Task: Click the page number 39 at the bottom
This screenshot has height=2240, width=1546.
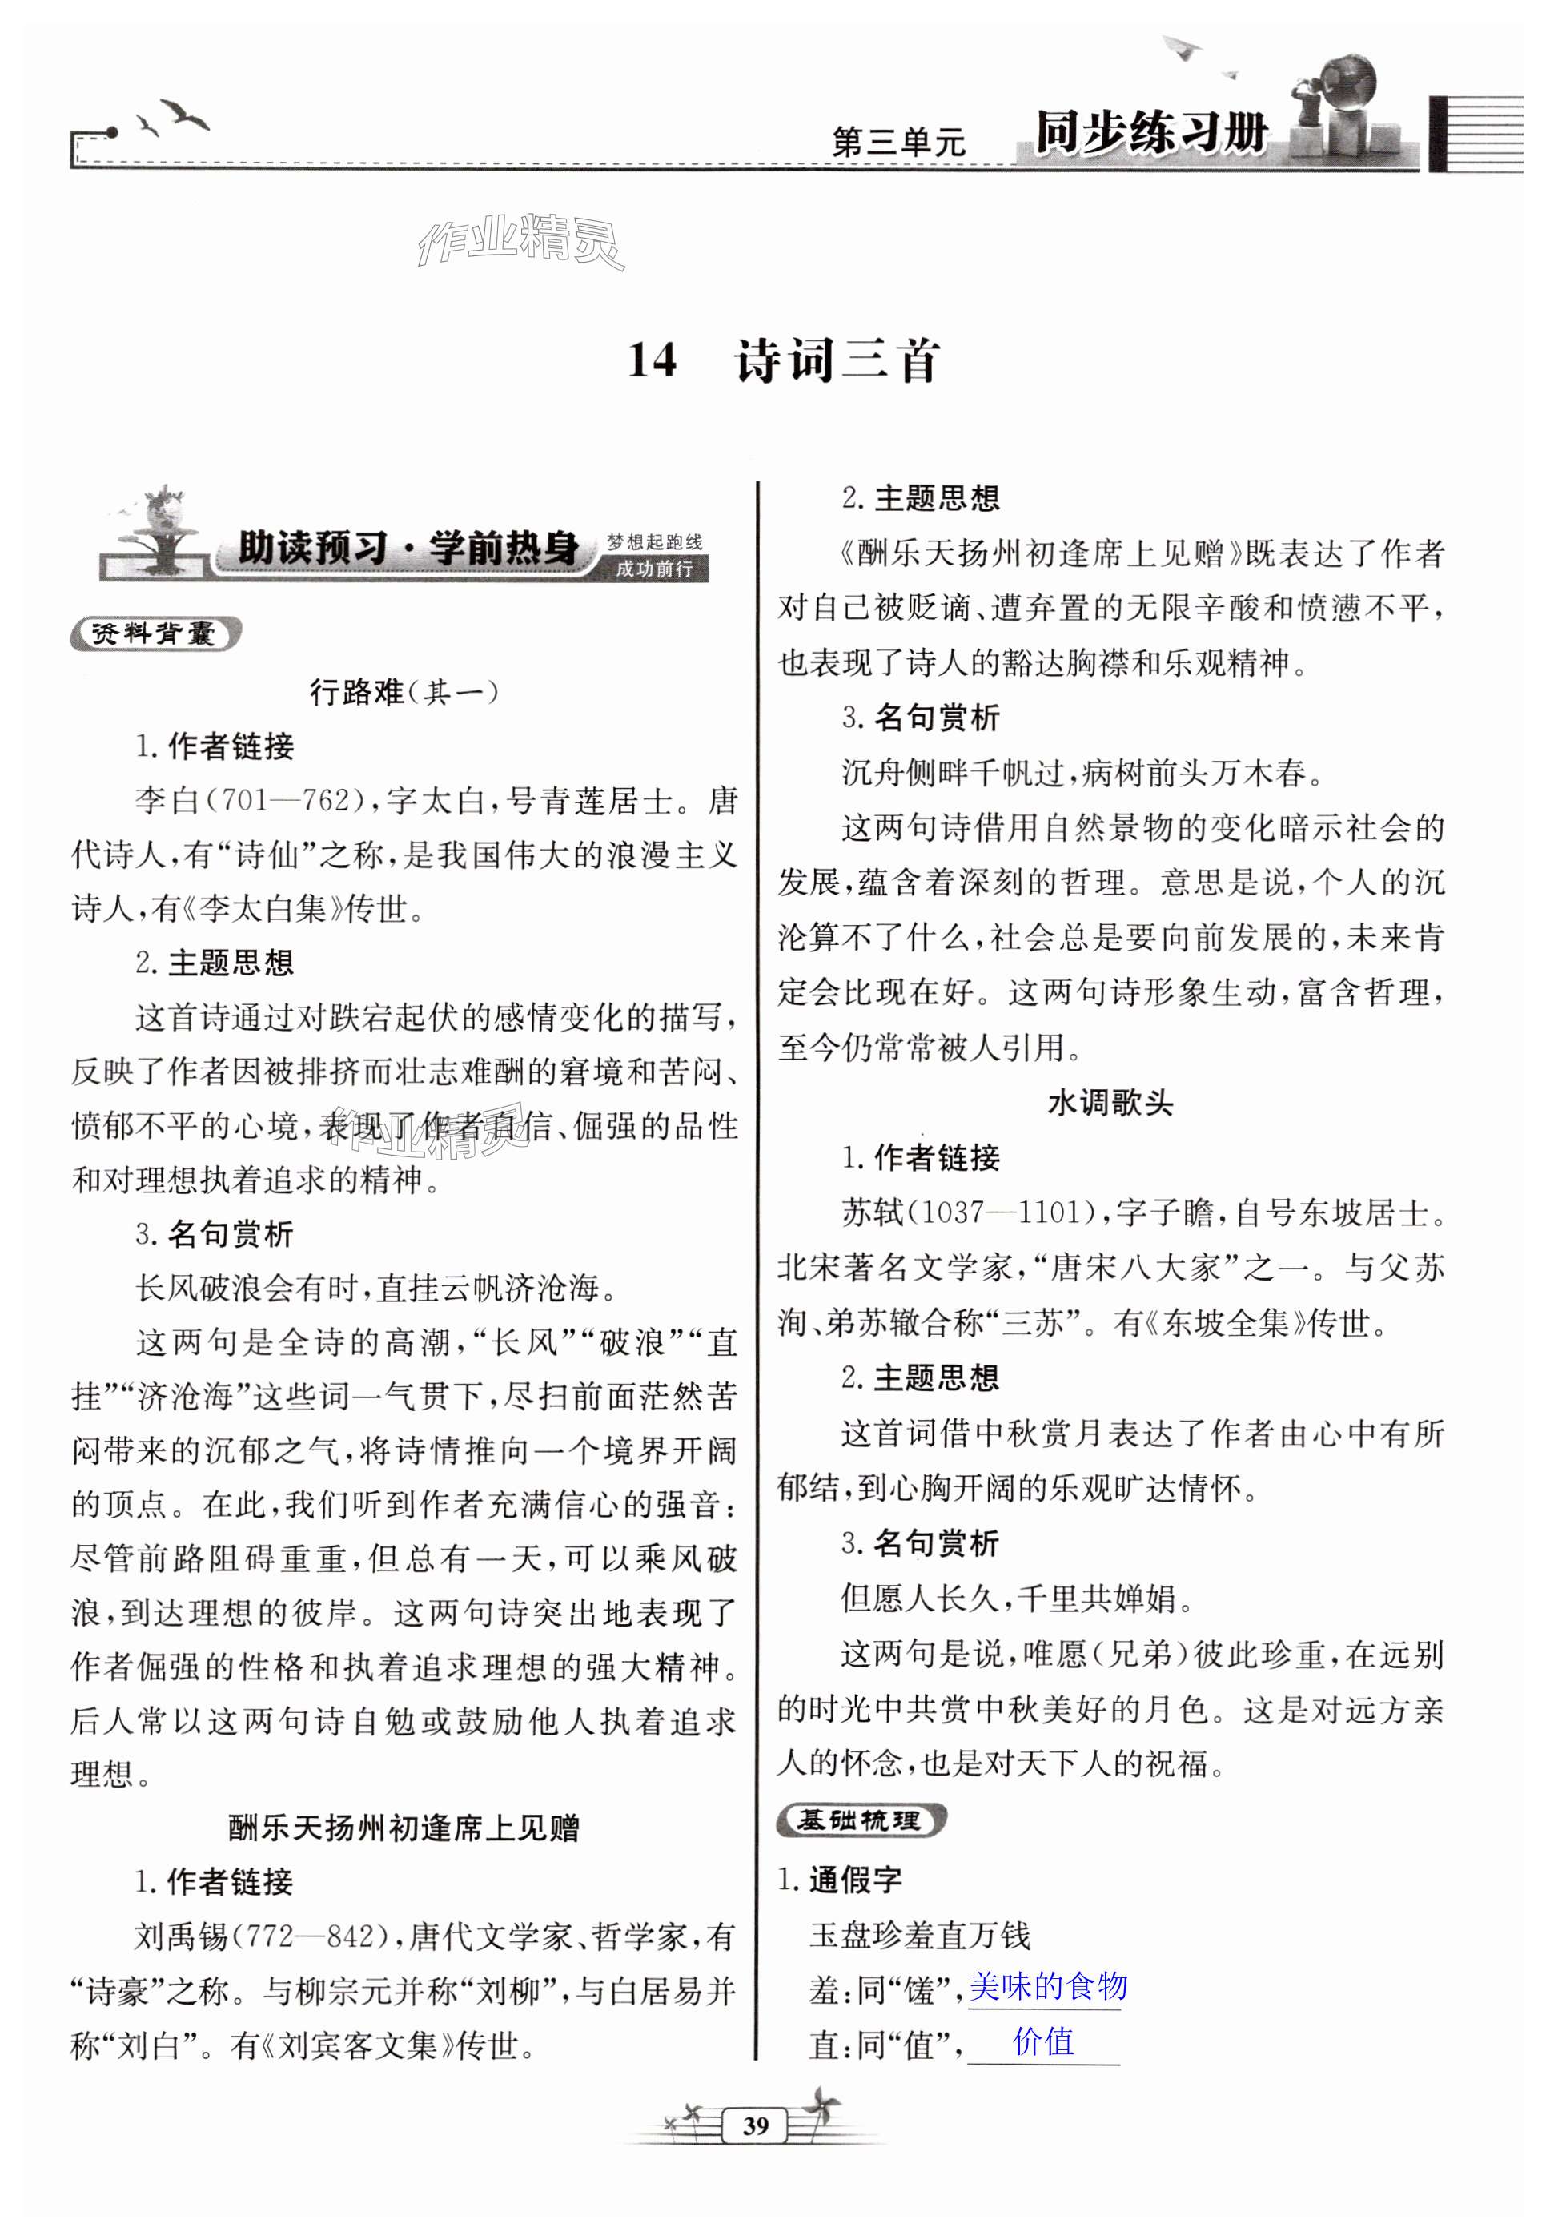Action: point(756,2125)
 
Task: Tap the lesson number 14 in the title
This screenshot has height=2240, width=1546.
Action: point(652,360)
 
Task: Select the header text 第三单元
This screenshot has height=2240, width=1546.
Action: point(898,143)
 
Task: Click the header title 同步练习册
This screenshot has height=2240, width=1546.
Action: point(1150,132)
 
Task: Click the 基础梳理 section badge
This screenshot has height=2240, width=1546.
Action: point(859,1820)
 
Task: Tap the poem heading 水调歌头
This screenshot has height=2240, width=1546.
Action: point(1110,1103)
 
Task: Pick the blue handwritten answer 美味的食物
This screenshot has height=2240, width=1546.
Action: point(1048,1986)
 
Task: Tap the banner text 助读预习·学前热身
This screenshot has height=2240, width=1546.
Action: point(408,549)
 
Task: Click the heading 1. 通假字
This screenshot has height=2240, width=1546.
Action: point(840,1880)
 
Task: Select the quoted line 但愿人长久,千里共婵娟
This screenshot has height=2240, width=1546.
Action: point(1016,1599)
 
